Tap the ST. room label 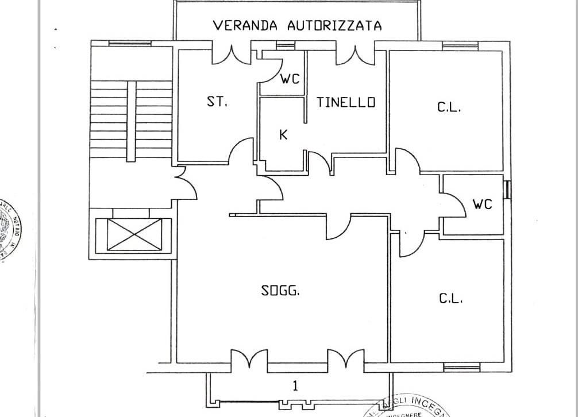[x=217, y=102]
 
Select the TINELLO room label [x=346, y=102]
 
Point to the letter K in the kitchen [x=283, y=135]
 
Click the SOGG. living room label [x=280, y=291]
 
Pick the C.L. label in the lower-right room [x=451, y=299]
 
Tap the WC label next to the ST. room [x=290, y=79]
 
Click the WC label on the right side [x=482, y=204]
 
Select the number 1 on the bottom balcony [x=295, y=385]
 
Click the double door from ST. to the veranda [x=232, y=55]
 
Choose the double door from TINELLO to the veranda [x=355, y=55]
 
